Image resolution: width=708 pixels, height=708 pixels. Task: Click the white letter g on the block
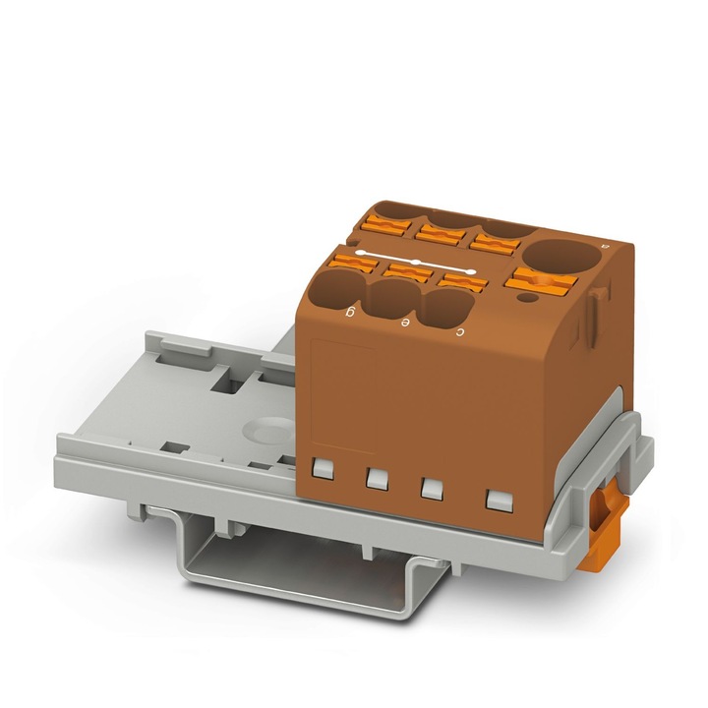click(x=350, y=314)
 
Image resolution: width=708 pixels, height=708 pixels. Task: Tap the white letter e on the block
click(x=404, y=323)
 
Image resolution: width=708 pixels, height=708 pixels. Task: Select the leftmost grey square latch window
click(x=321, y=470)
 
